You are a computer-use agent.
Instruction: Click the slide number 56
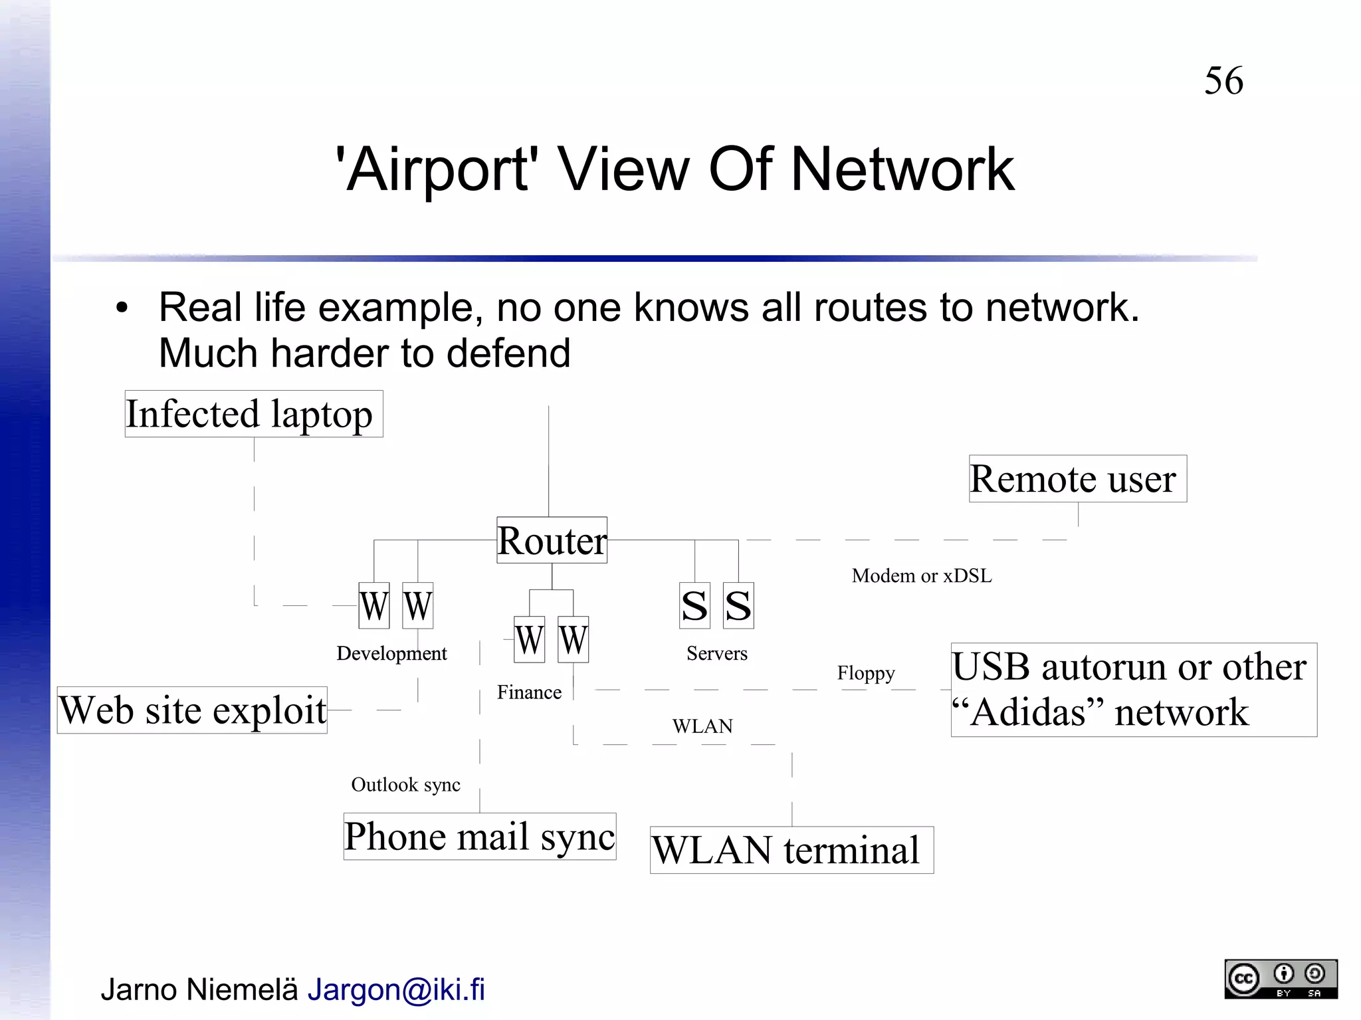[x=1223, y=81]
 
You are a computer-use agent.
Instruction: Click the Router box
[x=552, y=540]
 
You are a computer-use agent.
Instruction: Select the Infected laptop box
[x=253, y=414]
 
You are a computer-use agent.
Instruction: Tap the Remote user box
[x=1077, y=478]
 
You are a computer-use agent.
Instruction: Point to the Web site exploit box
[x=192, y=710]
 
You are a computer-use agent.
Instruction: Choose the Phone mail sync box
[x=479, y=836]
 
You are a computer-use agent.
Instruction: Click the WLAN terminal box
[x=791, y=850]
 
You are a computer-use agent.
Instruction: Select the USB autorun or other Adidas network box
[x=1133, y=690]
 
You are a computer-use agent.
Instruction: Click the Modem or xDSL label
[x=921, y=575]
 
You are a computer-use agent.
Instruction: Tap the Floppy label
[x=865, y=673]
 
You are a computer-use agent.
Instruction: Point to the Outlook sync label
[x=405, y=785]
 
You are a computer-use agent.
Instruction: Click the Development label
[x=391, y=653]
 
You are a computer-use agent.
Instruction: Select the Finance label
[x=529, y=692]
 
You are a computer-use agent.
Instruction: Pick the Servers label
[x=716, y=653]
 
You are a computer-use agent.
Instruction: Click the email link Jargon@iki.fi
[x=396, y=989]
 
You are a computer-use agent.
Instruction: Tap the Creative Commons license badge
[x=1280, y=979]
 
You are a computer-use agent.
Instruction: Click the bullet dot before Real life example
[x=121, y=308]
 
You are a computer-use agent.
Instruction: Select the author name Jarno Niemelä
[x=199, y=989]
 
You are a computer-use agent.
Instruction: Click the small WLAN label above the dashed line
[x=702, y=726]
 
